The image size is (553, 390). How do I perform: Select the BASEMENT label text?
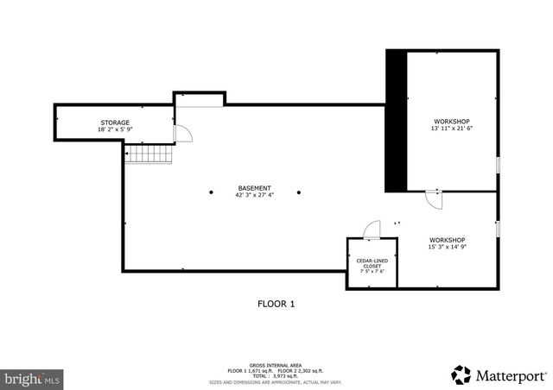click(x=254, y=188)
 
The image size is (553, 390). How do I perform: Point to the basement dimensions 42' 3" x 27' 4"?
click(x=254, y=195)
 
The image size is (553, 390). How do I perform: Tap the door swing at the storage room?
click(x=182, y=133)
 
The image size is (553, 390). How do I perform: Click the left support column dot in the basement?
click(x=210, y=192)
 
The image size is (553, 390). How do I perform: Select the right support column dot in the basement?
click(x=299, y=192)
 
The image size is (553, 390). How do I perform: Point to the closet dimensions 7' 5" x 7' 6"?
click(x=372, y=272)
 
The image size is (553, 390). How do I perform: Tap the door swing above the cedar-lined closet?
click(x=372, y=229)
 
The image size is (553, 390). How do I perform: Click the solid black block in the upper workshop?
click(x=395, y=121)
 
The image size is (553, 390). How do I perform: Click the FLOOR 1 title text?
click(x=276, y=304)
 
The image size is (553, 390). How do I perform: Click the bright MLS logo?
click(x=32, y=377)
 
